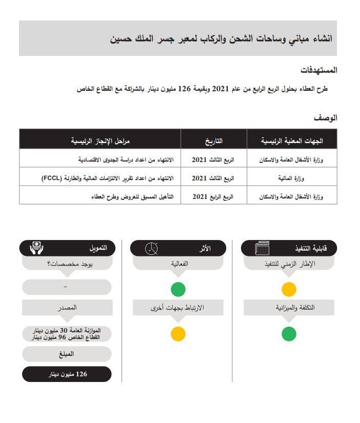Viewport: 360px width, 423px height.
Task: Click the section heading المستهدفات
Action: point(318,70)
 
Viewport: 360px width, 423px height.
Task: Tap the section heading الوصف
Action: point(326,118)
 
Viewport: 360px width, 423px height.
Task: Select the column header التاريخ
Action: point(213,140)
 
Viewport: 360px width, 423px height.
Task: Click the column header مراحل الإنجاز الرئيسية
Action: point(101,140)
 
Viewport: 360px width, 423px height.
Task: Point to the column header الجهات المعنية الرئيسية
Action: point(292,140)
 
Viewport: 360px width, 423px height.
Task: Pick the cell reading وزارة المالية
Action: point(292,178)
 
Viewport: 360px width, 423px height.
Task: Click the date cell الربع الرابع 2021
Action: point(213,196)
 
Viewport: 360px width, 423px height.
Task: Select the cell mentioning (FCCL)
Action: point(108,178)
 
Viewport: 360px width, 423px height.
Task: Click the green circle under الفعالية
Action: point(178,289)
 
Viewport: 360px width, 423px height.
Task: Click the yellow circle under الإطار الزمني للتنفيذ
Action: point(289,289)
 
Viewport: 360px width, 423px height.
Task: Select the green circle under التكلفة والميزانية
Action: point(289,334)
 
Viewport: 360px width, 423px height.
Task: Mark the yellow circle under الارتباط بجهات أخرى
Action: point(178,334)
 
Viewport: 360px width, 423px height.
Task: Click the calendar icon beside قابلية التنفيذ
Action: point(262,249)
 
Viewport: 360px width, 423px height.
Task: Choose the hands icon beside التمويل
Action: point(36,248)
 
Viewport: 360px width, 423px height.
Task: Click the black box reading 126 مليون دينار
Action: point(67,374)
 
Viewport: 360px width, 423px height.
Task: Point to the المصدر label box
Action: point(67,308)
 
